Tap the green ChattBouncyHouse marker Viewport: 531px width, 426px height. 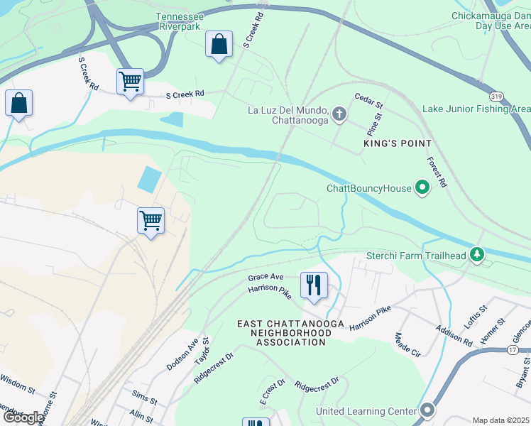422,188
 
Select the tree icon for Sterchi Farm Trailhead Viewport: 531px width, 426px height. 477,255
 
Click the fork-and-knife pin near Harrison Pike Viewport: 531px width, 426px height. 314,285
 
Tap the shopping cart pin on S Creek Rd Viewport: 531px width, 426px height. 131,82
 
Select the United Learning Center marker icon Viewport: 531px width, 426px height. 427,411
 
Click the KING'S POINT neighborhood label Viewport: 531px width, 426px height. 398,143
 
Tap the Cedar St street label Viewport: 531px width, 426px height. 368,97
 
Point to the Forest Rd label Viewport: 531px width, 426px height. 437,171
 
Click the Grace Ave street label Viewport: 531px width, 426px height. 265,277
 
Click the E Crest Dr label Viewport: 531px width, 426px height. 271,392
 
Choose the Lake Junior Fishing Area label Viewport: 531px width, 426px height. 476,109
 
